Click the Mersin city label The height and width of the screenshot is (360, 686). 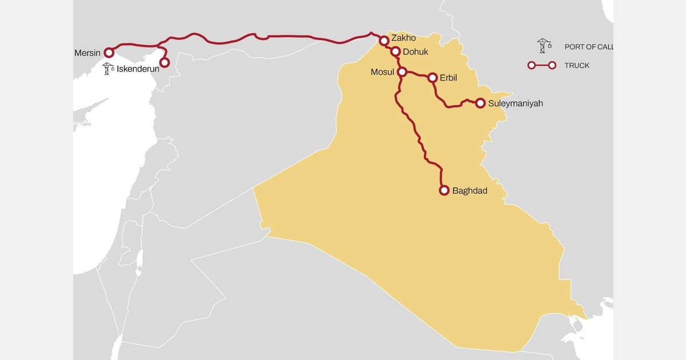(87, 53)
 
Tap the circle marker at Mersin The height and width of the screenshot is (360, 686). (109, 53)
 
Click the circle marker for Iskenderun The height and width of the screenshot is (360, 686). (165, 62)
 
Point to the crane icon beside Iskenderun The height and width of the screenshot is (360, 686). (107, 69)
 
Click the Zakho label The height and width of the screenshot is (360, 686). (404, 38)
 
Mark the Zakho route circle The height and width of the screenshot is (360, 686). (384, 41)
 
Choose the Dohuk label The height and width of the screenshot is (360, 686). (416, 51)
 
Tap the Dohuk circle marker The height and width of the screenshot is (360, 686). (396, 51)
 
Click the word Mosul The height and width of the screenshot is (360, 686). (383, 73)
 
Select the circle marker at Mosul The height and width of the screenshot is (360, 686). (402, 72)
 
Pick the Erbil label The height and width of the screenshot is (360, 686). (449, 77)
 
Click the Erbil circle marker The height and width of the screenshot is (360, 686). (432, 77)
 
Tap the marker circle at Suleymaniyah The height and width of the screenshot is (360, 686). (480, 103)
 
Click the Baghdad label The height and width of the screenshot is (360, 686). (469, 191)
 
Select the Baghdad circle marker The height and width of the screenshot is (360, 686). (444, 191)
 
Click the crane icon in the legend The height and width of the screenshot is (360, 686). (543, 46)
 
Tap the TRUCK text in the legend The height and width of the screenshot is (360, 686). (577, 66)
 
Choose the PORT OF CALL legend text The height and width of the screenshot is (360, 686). (589, 47)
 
